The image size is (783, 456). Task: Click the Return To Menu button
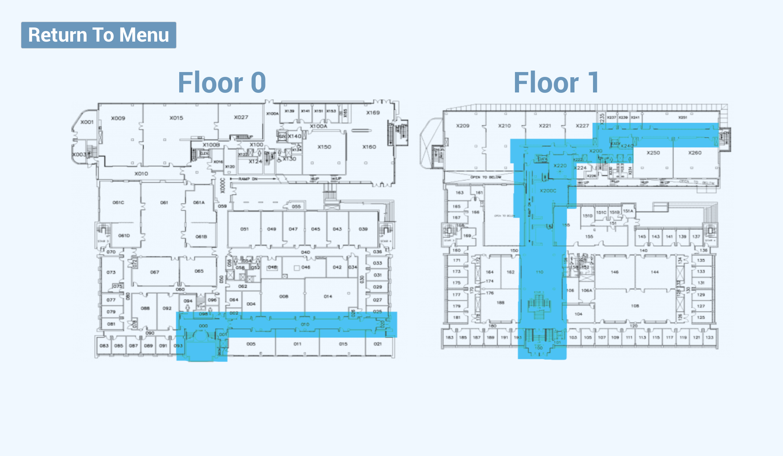pyautogui.click(x=99, y=35)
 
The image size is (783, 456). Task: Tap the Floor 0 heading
pyautogui.click(x=222, y=82)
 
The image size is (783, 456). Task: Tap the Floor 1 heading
pyautogui.click(x=556, y=82)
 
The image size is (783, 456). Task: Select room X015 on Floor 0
pyautogui.click(x=176, y=118)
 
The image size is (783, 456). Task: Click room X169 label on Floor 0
pyautogui.click(x=373, y=113)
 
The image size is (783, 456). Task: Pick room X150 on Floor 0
pyautogui.click(x=324, y=147)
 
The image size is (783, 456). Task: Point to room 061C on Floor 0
pyautogui.click(x=118, y=203)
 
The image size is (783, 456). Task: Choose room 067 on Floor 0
pyautogui.click(x=155, y=272)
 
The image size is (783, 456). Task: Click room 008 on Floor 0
pyautogui.click(x=284, y=296)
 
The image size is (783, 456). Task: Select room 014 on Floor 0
pyautogui.click(x=328, y=296)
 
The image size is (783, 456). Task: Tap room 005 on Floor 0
pyautogui.click(x=251, y=344)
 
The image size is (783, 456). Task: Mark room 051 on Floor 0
pyautogui.click(x=244, y=229)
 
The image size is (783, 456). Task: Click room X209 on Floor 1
pyautogui.click(x=463, y=126)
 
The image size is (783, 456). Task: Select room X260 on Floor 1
pyautogui.click(x=695, y=153)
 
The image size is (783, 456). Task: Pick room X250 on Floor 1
pyautogui.click(x=653, y=153)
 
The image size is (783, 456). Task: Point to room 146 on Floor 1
pyautogui.click(x=615, y=272)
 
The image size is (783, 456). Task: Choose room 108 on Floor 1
pyautogui.click(x=635, y=306)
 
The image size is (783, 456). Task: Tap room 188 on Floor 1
pyautogui.click(x=500, y=303)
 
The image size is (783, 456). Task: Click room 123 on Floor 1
pyautogui.click(x=709, y=338)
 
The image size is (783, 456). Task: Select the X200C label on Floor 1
pyautogui.click(x=548, y=191)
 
